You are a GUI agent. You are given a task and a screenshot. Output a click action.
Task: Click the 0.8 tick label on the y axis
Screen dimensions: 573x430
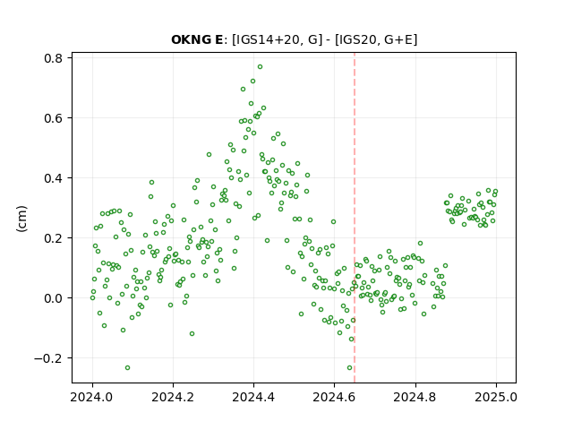53,58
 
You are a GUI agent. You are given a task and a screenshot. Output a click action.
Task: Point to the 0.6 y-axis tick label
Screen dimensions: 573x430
53,118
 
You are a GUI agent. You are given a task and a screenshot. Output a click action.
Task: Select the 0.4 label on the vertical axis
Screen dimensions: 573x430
53,178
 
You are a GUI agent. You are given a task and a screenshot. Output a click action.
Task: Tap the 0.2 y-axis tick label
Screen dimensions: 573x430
53,238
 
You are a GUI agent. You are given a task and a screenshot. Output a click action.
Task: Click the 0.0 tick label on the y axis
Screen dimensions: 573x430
53,298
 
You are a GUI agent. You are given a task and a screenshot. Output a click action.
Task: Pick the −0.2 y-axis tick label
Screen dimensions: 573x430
47,358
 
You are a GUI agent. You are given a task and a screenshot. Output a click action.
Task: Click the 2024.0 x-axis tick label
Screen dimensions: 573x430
92,397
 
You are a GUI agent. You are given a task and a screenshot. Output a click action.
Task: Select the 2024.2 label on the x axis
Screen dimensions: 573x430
173,397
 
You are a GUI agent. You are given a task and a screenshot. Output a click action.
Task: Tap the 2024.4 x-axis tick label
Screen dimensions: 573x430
253,397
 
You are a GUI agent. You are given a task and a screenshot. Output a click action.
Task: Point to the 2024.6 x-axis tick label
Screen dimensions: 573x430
334,397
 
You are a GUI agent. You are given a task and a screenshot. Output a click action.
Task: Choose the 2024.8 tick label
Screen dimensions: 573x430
415,397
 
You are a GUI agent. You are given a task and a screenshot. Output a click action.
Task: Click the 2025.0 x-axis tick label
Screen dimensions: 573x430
496,397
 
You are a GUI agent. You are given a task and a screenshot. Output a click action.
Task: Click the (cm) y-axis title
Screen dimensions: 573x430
21,219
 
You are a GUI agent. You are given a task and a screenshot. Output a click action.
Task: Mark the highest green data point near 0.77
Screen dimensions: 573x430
260,67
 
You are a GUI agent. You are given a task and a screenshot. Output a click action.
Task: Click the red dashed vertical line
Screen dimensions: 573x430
355,218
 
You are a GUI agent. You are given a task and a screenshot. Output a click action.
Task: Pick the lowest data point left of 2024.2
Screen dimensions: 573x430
127,368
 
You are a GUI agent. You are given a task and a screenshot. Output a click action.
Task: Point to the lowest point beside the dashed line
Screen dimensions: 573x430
349,368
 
